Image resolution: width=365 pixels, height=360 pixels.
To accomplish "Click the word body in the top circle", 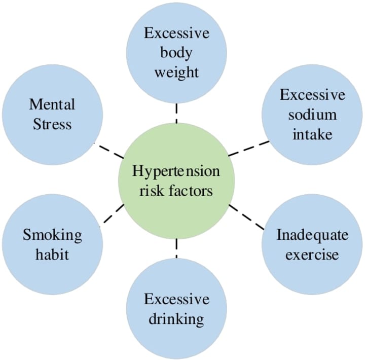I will pos(176,52).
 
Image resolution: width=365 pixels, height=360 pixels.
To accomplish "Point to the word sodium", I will pos(312,115).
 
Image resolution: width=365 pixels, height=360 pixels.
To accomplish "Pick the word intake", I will pos(312,134).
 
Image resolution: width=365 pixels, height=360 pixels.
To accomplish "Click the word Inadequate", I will pos(312,235).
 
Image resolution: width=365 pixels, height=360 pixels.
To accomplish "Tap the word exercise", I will pos(312,254).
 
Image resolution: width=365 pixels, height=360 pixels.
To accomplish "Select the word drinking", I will pos(176,319).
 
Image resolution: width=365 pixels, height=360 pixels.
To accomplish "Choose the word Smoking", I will pos(52,235).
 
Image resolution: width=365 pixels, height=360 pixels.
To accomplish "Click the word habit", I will pos(52,254).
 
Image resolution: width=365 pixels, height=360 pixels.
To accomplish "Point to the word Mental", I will pos(52,104).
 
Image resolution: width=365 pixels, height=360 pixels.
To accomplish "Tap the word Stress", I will pos(52,124).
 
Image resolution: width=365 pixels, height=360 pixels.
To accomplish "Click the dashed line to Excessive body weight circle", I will pos(176,113).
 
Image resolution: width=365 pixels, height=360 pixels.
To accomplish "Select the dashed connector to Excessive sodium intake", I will pos(248,148).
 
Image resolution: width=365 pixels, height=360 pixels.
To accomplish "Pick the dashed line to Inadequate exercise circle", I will pos(248,218).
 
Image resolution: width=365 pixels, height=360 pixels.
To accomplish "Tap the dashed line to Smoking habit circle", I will pos(113,214).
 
